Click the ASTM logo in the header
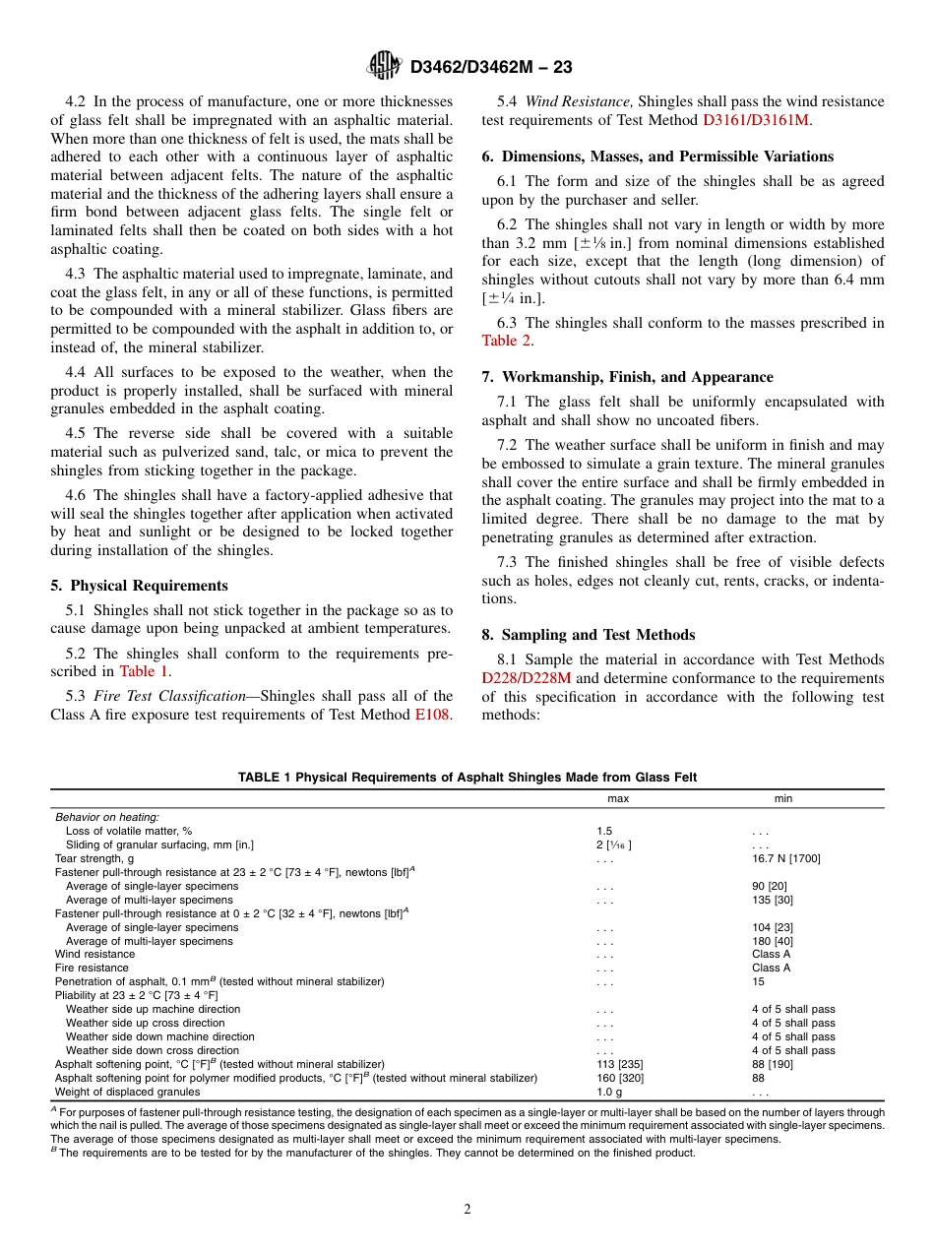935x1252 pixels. coord(384,66)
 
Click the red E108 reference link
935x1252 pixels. coord(432,715)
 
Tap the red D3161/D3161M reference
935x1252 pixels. coord(756,120)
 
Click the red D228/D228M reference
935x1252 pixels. coord(526,678)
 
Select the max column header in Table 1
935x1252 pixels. coord(617,799)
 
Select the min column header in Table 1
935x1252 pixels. coord(782,799)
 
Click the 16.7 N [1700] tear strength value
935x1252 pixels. coord(785,858)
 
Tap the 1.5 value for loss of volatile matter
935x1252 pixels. coord(603,831)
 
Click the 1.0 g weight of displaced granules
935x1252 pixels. coord(608,1092)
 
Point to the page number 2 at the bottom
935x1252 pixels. coord(467,1210)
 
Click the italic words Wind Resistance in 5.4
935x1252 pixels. coord(579,101)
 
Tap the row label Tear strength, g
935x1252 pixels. coord(94,858)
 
